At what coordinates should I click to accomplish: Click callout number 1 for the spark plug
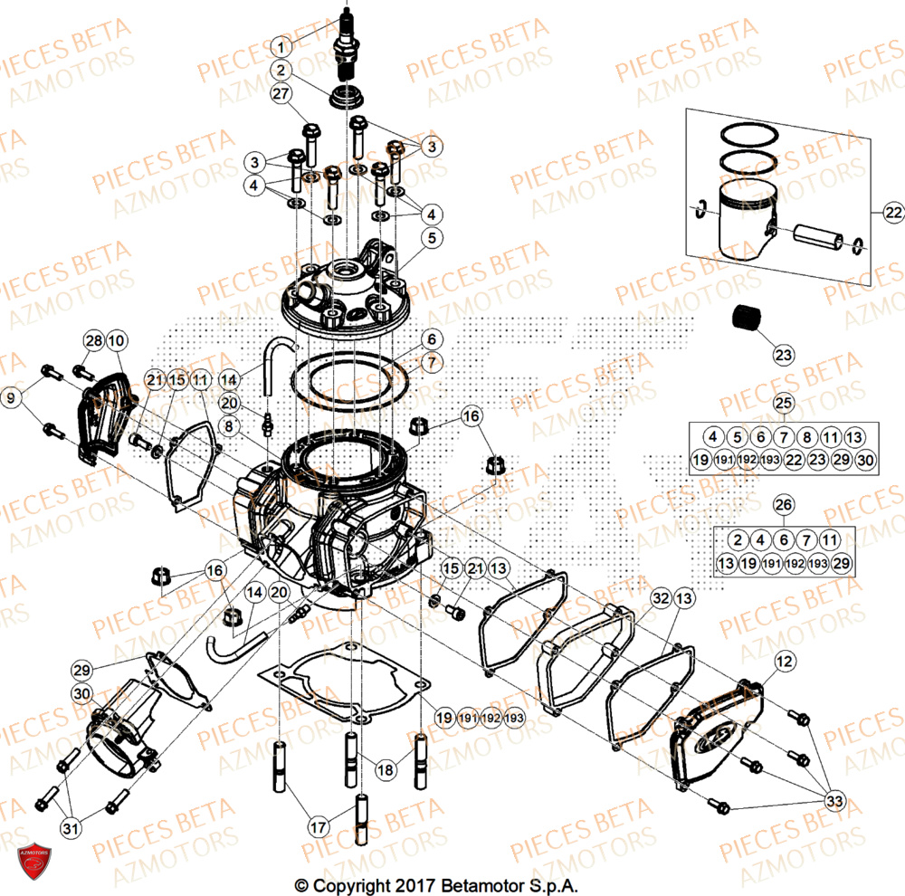pyautogui.click(x=281, y=46)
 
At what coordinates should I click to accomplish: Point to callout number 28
pyautogui.click(x=94, y=341)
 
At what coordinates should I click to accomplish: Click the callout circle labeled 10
pyautogui.click(x=116, y=341)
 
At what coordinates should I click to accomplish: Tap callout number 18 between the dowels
pyautogui.click(x=386, y=769)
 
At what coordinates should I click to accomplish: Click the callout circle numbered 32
pyautogui.click(x=660, y=598)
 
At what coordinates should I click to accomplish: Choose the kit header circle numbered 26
pyautogui.click(x=784, y=504)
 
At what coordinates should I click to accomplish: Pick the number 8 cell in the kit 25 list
pyautogui.click(x=807, y=437)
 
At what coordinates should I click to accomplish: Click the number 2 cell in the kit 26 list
pyautogui.click(x=738, y=540)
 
